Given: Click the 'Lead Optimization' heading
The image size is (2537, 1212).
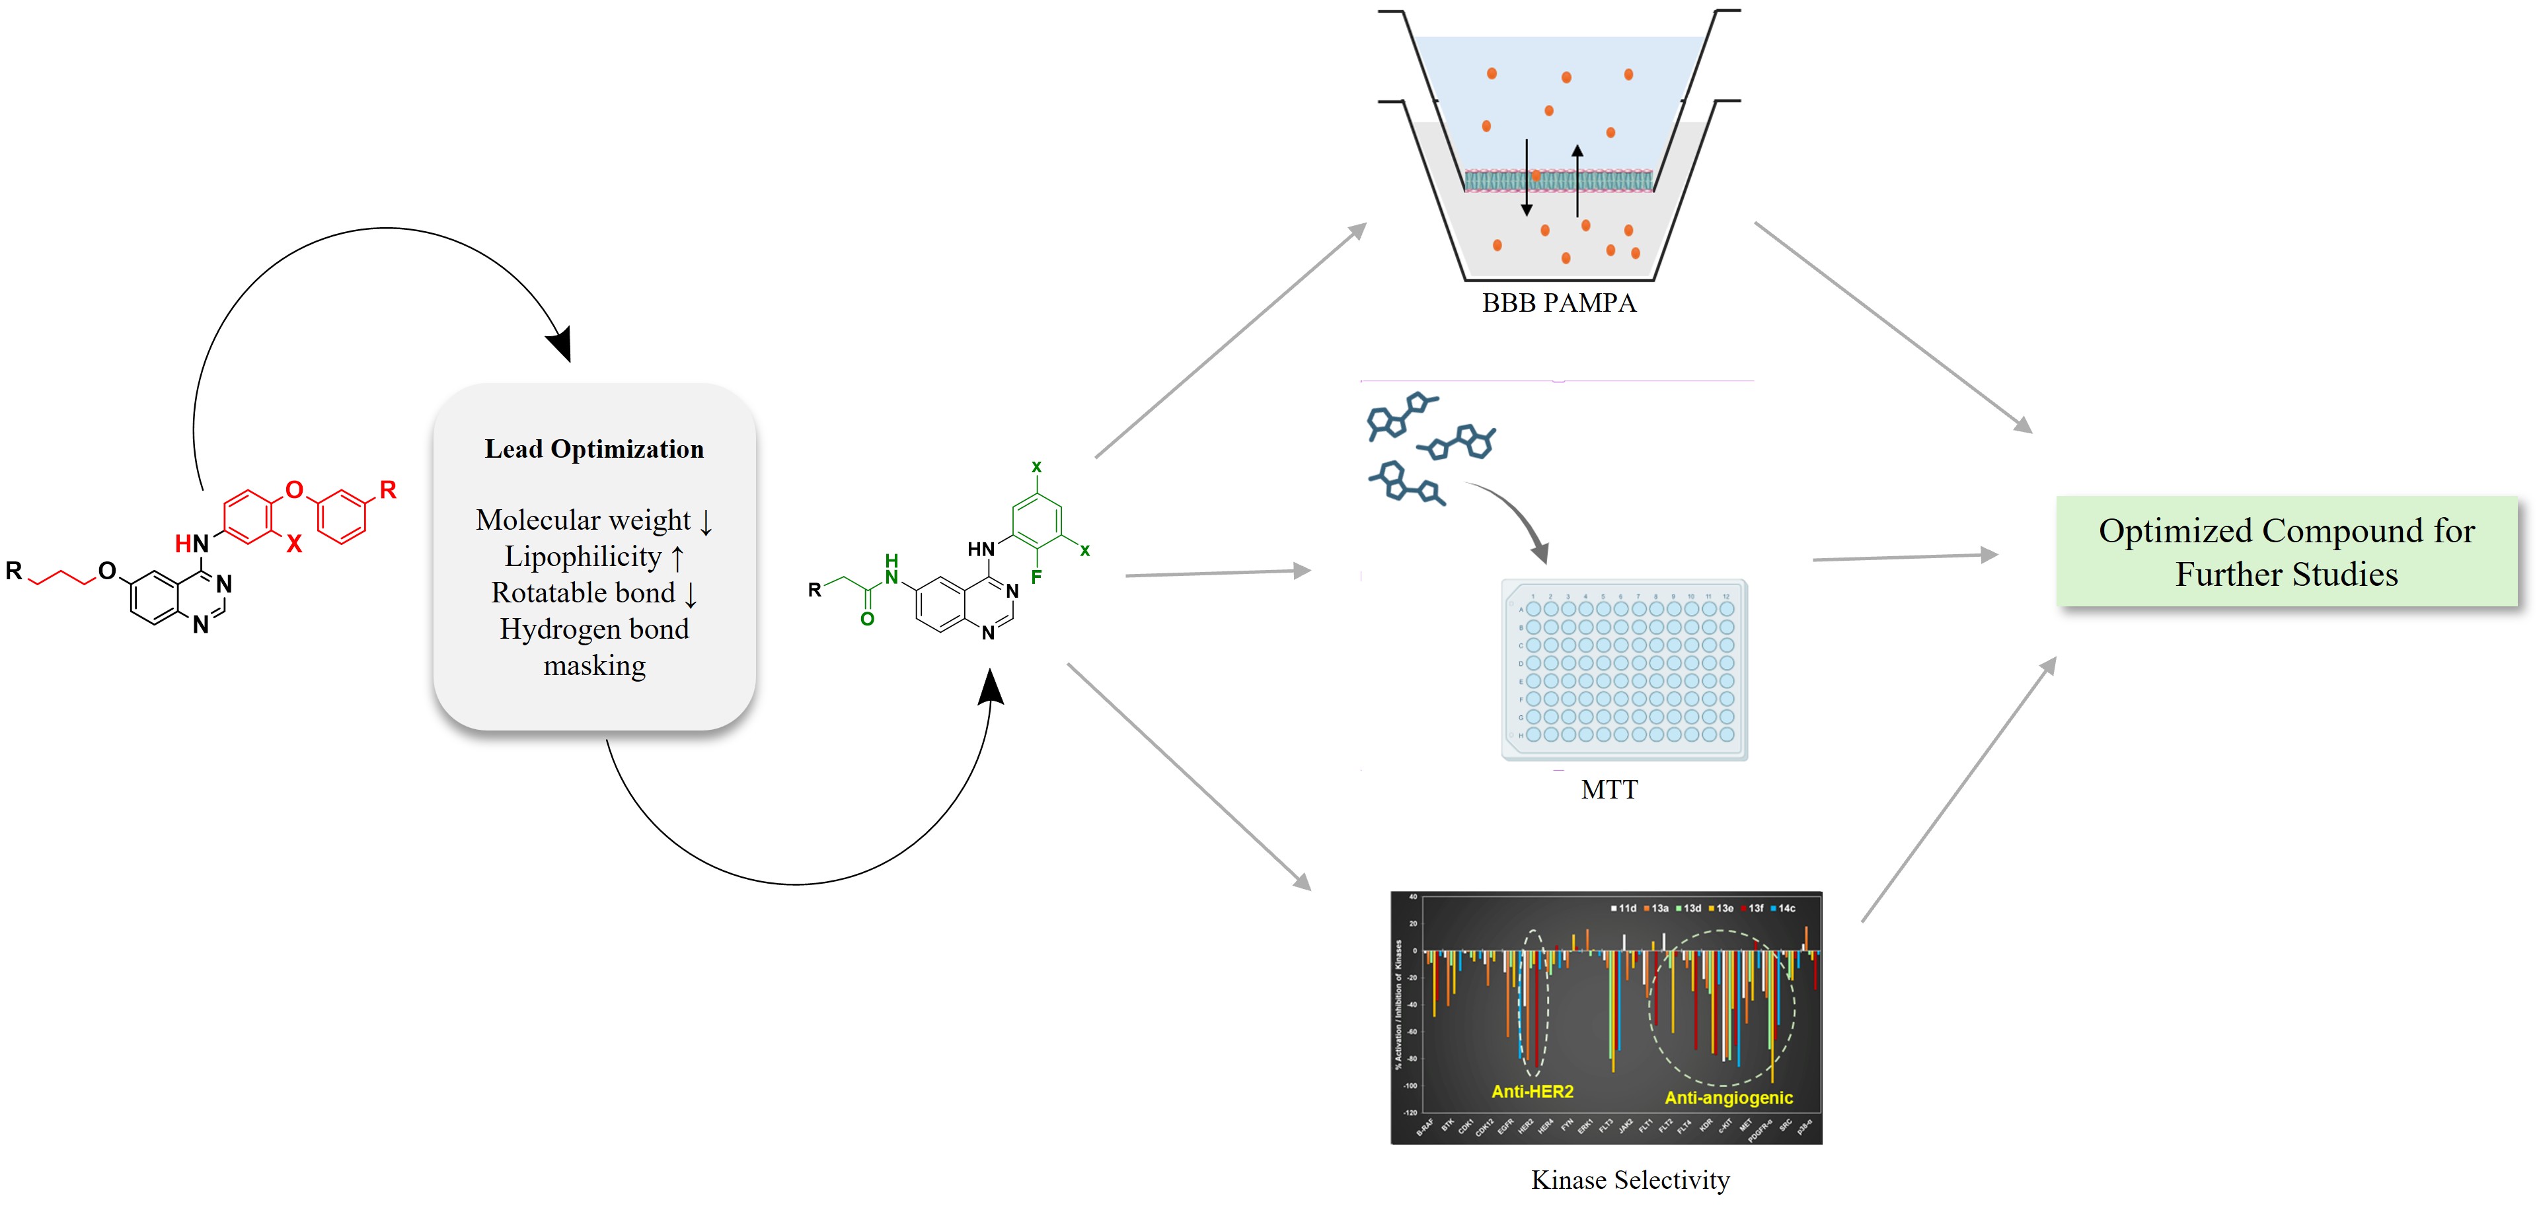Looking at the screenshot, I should pos(594,449).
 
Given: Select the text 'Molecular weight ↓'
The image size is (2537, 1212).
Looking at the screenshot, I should pos(594,520).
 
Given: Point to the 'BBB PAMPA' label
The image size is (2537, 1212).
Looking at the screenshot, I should pos(1558,303).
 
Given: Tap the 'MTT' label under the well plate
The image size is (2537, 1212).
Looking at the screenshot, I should pos(1609,790).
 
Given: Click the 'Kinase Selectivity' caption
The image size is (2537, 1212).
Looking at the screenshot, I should pos(1630,1180).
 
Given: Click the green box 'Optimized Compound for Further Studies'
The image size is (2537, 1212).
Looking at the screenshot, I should pos(2286,552).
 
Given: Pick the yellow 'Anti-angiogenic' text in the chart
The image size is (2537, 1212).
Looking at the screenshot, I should pos(1728,1097).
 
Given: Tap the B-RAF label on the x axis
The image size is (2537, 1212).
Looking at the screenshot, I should pos(1424,1127).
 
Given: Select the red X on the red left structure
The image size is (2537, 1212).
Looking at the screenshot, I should pos(293,544).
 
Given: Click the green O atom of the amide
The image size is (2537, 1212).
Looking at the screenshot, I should pos(866,620).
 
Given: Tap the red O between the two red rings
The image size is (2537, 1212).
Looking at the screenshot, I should pos(293,489).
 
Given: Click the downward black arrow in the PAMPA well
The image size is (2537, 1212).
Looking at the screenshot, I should pos(1527,177).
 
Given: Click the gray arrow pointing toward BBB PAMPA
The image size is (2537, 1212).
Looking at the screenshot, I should pos(1231,339).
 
